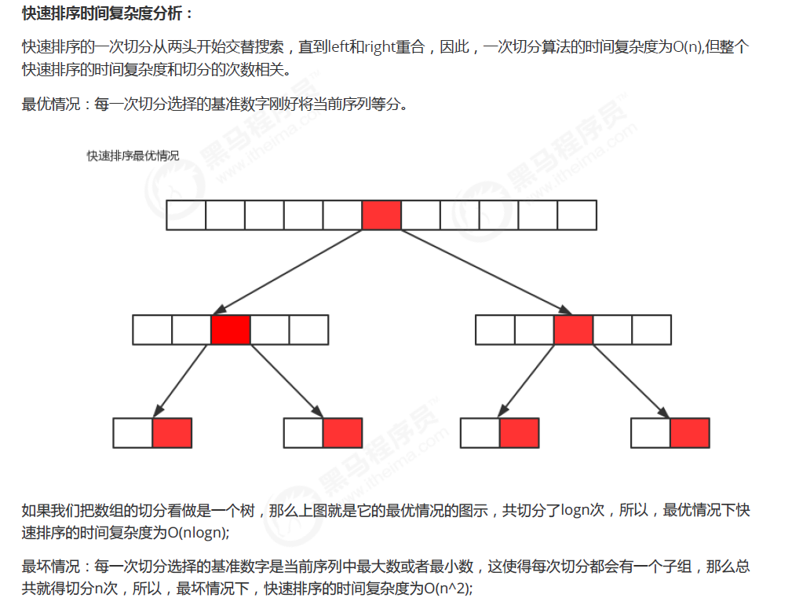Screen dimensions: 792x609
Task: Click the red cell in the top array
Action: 381,215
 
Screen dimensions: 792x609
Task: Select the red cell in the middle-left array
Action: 231,329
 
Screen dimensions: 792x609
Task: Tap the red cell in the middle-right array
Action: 573,329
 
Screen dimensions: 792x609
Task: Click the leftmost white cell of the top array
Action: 186,215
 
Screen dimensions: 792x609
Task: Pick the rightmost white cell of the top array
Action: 577,215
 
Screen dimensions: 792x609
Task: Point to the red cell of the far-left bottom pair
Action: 172,433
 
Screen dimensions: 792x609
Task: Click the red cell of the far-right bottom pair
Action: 690,433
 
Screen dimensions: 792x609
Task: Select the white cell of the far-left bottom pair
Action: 133,433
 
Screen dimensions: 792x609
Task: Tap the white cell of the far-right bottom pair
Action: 651,433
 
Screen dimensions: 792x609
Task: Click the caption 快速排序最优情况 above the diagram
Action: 133,156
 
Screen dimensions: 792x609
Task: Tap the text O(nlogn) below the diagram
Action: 197,532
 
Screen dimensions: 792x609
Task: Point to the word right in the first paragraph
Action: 379,47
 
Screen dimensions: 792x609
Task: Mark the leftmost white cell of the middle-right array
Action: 495,329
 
